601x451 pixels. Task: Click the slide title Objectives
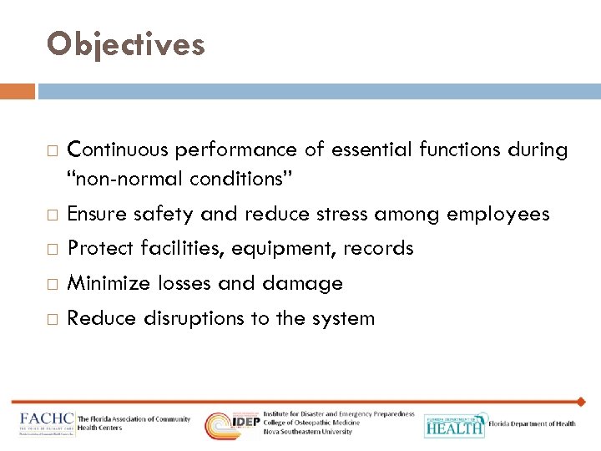(x=126, y=45)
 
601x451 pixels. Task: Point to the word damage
(x=303, y=284)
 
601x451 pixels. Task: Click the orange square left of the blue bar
(x=17, y=91)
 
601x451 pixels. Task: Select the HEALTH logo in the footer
(x=453, y=425)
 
